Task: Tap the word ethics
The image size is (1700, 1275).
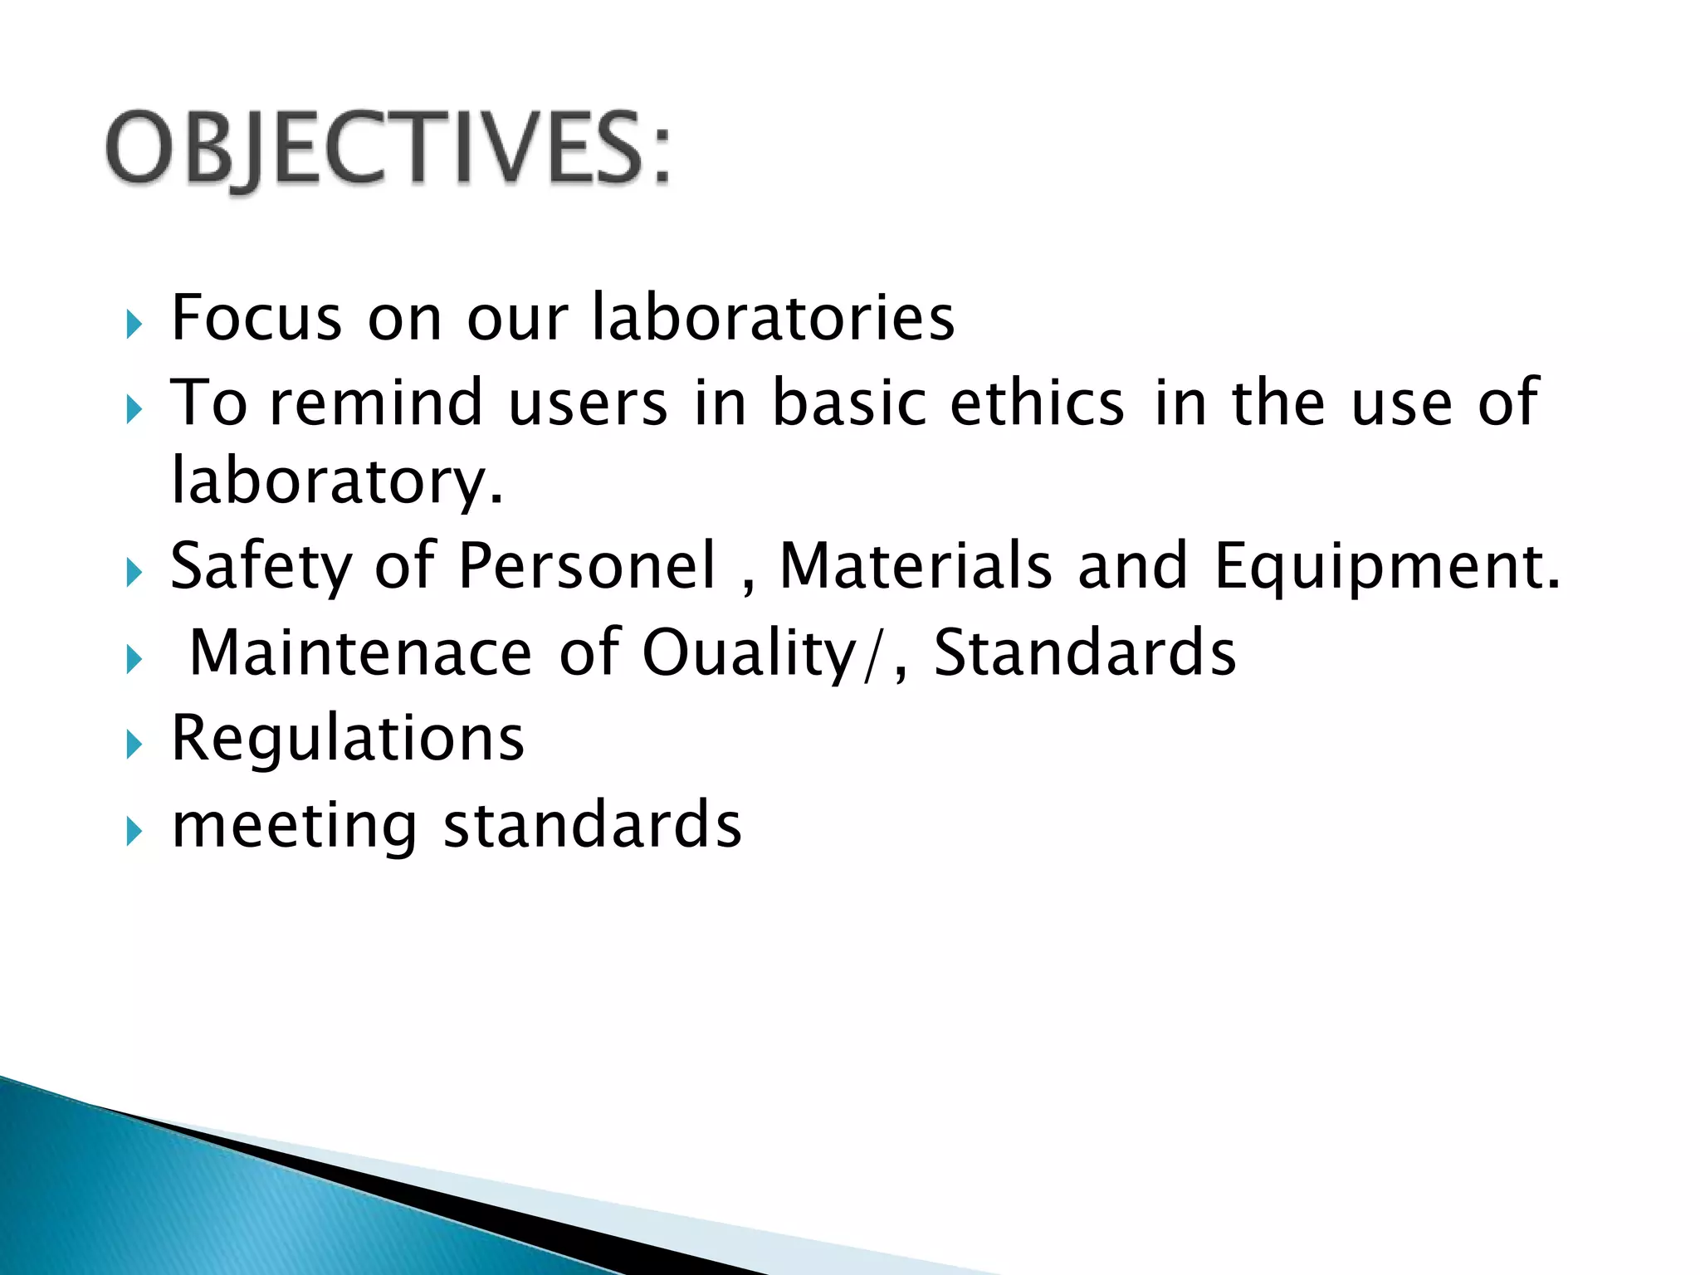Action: click(1037, 403)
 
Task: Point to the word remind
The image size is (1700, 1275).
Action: click(376, 403)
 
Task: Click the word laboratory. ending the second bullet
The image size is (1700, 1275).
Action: click(336, 481)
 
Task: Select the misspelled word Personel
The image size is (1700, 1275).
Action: click(586, 567)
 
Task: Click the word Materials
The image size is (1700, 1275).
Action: click(915, 567)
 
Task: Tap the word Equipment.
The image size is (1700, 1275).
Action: click(1386, 567)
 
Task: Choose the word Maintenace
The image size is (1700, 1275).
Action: click(360, 653)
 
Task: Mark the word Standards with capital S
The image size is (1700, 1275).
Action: click(1084, 653)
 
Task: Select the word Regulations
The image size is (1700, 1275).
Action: click(347, 739)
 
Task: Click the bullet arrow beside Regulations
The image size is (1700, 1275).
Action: click(134, 745)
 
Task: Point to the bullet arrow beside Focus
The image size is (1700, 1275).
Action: click(134, 325)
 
